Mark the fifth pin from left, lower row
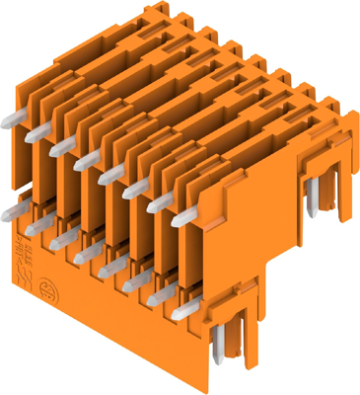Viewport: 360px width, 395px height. click(x=109, y=269)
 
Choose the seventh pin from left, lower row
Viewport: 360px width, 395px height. click(x=156, y=299)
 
